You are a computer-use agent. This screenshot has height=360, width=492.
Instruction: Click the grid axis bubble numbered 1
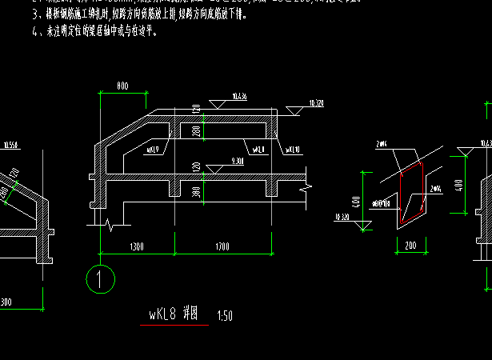coord(101,279)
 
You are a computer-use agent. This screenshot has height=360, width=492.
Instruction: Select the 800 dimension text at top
coord(122,85)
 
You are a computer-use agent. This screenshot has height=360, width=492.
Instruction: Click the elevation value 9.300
coord(236,161)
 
